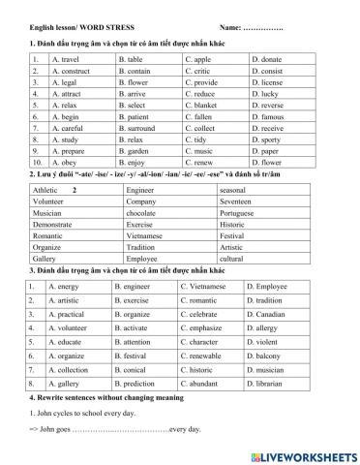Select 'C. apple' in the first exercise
(x=199, y=60)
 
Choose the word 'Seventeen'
(x=239, y=202)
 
